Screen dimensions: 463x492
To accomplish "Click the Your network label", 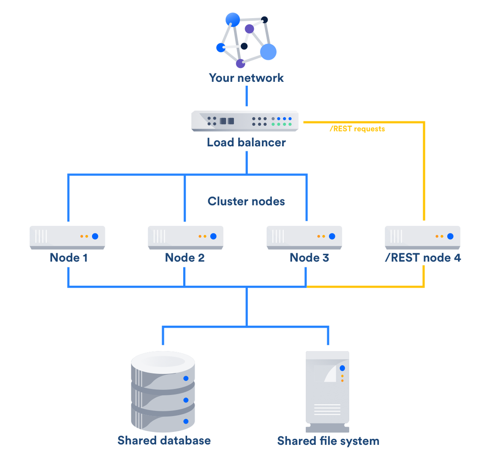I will (x=246, y=78).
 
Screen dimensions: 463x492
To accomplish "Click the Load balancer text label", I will (x=246, y=143).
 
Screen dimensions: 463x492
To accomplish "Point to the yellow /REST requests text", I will (x=357, y=129).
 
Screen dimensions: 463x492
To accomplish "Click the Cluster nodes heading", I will (x=246, y=201).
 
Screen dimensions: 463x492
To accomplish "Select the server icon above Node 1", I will (x=67, y=237).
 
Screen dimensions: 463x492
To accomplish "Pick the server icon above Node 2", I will (x=186, y=237).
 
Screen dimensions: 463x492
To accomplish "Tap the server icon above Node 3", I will (x=304, y=237).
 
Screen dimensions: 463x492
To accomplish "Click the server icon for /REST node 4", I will (x=423, y=237).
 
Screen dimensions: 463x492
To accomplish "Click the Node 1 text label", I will (x=68, y=258).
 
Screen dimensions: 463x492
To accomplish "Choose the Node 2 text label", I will (x=185, y=258).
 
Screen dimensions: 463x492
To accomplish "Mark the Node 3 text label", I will (x=309, y=258).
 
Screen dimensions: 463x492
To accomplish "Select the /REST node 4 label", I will (x=423, y=258).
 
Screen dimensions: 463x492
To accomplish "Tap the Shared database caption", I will (x=164, y=440).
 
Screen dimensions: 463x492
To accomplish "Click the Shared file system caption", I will (x=328, y=440).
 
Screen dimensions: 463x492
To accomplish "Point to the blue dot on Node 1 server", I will (x=95, y=236).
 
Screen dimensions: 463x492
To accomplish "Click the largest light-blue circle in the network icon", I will (x=268, y=52).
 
